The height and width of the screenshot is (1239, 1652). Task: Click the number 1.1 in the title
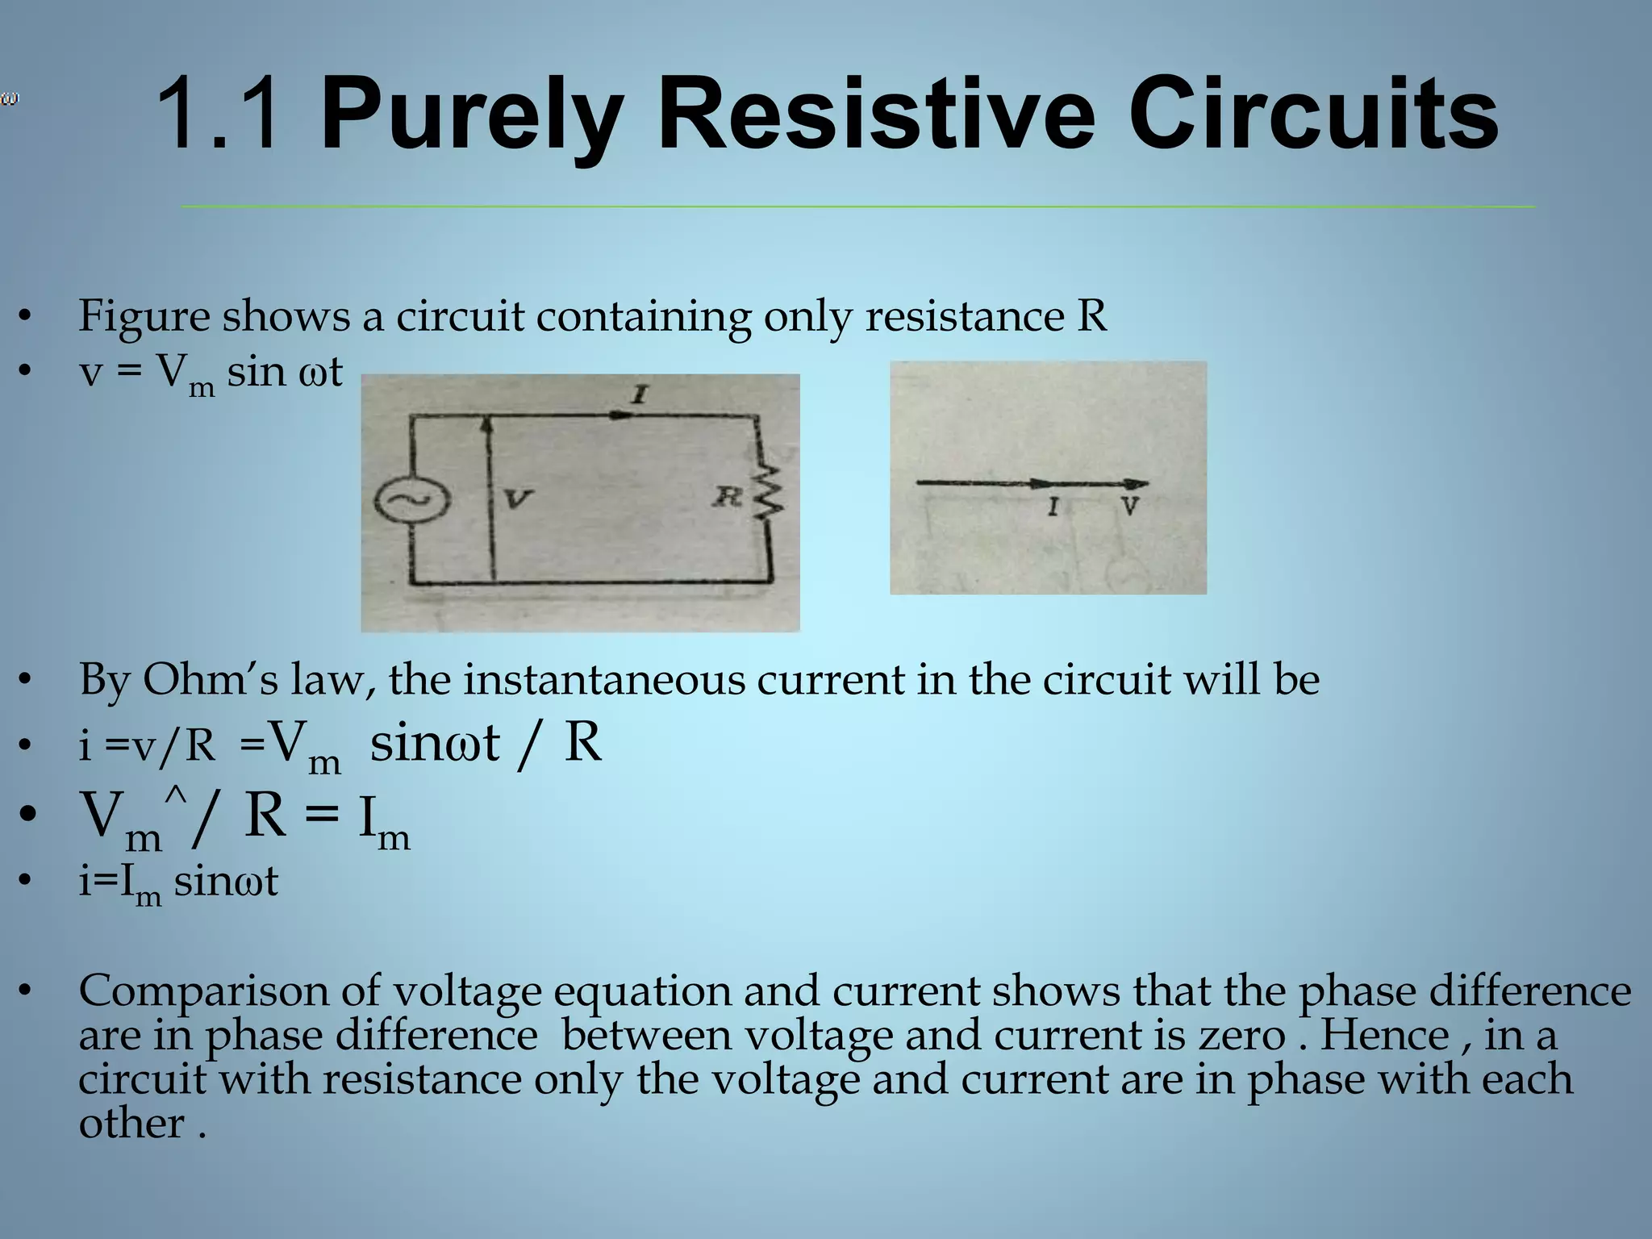(219, 115)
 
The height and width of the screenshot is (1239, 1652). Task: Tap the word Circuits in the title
(1312, 115)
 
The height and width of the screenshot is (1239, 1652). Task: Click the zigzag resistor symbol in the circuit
(769, 492)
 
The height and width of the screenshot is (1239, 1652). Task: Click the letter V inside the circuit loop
(517, 499)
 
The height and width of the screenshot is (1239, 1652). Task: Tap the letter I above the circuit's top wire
(639, 394)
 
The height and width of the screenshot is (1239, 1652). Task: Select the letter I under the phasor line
(1053, 507)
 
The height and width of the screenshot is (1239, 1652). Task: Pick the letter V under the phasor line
(1130, 507)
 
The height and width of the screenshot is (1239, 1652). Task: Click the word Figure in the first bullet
(144, 316)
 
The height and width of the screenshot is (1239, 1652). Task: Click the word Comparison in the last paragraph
(203, 991)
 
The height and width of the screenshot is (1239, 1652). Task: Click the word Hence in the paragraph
(1384, 1035)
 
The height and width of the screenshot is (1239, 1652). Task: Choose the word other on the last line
(131, 1123)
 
